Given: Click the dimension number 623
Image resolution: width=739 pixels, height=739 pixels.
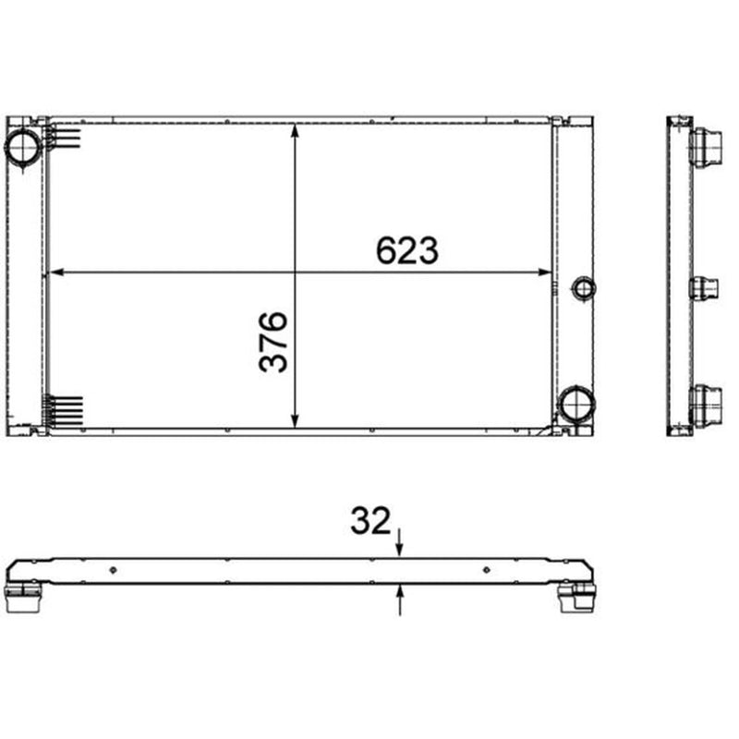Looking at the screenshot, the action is point(407,250).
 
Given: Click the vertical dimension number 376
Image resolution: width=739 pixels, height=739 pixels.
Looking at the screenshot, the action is point(273,342).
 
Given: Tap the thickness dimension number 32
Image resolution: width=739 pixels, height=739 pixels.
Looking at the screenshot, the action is point(370,520).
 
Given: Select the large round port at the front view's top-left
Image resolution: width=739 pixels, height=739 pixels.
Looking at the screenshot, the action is point(22,147).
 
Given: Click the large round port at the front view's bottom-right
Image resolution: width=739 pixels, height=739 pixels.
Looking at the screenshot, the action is point(576,404).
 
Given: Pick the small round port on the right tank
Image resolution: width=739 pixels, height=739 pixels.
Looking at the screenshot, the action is point(584,288).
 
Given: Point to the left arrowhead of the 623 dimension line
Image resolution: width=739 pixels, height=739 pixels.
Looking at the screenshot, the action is point(56,272).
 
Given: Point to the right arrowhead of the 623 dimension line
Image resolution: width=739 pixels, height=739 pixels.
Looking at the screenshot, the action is point(544,272).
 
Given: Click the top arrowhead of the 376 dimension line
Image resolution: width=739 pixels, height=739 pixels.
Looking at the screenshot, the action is point(295,130).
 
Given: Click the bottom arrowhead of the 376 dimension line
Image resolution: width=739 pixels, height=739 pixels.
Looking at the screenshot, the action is point(295,421).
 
